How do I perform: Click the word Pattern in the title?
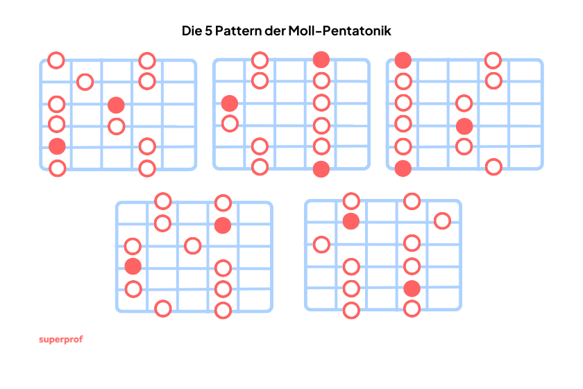[238, 31]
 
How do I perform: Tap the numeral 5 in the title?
[208, 31]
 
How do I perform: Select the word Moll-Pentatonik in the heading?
[339, 31]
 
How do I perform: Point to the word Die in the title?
[192, 31]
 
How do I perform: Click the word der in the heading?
[275, 31]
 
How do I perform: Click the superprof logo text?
[61, 340]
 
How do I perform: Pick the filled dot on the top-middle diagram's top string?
[321, 60]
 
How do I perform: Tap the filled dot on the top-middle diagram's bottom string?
[321, 169]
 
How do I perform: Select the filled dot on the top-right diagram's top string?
[403, 60]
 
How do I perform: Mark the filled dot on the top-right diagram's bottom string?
[403, 168]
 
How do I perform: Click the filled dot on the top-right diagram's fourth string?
[464, 126]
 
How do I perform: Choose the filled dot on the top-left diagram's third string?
[116, 105]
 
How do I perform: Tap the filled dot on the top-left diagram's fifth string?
[57, 146]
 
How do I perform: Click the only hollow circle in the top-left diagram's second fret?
[85, 82]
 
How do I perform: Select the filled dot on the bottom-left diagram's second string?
[223, 225]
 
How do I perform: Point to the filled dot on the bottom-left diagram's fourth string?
[133, 266]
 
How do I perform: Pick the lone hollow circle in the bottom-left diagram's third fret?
[193, 245]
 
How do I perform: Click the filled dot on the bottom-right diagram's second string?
[351, 221]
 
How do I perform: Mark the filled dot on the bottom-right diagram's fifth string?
[412, 288]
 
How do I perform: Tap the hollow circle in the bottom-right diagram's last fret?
[443, 221]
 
